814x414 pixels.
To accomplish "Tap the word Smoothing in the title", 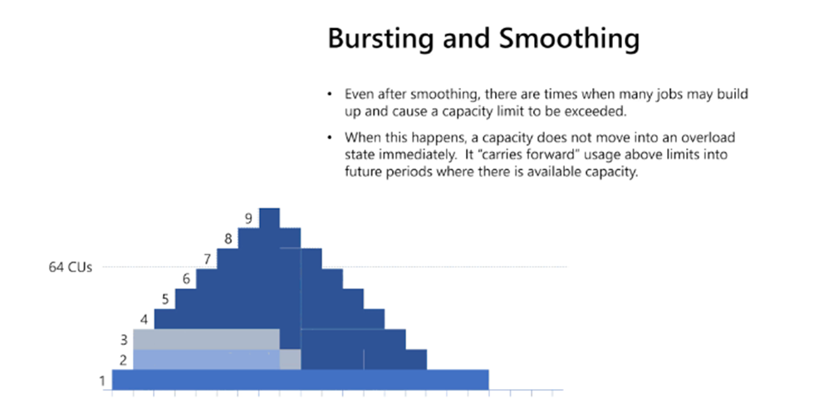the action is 569,38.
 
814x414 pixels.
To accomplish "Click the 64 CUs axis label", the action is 70,267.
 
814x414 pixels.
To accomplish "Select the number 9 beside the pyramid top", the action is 248,219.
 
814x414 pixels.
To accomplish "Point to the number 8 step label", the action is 228,239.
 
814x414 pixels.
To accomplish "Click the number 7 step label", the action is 207,259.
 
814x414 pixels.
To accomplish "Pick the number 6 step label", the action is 186,279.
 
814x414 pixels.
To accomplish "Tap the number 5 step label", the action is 165,299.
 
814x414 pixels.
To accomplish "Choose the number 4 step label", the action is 144,319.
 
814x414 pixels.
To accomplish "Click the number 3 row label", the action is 124,340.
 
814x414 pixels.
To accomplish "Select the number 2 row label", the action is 123,360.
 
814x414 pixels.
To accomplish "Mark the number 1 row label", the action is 102,382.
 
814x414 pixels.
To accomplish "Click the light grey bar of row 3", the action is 207,339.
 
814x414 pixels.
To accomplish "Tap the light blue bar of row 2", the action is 207,359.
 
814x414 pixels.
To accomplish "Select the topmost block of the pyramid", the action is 269,218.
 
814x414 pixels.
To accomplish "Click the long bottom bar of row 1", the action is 301,380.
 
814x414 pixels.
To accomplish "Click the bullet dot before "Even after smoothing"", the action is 330,94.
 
